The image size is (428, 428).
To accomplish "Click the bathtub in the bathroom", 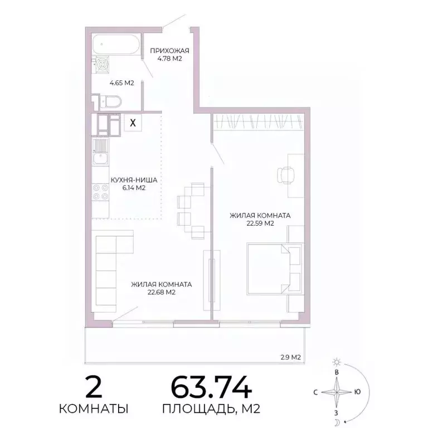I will (x=116, y=44).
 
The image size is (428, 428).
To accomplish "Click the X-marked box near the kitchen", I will (x=132, y=123).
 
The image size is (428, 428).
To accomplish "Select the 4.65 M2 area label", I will (x=121, y=83).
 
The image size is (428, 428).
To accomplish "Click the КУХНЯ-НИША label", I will (x=134, y=181).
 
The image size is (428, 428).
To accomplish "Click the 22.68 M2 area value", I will (x=162, y=292).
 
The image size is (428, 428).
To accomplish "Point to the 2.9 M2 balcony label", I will (x=289, y=357).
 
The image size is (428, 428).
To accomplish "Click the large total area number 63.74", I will (x=211, y=387).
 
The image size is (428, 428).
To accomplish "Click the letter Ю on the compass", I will (x=357, y=392).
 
